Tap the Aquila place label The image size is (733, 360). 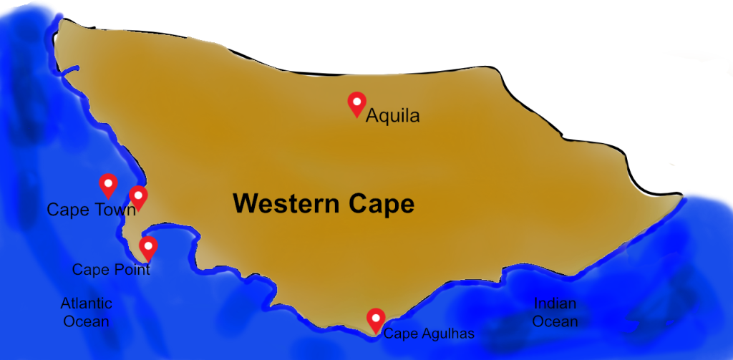click(x=392, y=116)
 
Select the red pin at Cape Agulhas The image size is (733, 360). click(x=375, y=320)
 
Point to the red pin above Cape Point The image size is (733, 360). click(x=148, y=248)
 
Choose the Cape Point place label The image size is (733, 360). click(x=111, y=270)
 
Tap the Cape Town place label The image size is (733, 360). click(x=91, y=210)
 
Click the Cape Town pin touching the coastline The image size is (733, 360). click(x=137, y=197)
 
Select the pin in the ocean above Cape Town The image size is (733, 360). click(x=108, y=185)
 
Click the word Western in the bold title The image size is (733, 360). click(x=285, y=204)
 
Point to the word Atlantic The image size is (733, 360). click(x=86, y=303)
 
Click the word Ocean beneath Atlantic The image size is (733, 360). click(x=86, y=321)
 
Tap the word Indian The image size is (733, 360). click(x=555, y=303)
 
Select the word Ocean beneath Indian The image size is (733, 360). click(x=555, y=321)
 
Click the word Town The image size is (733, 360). click(x=115, y=210)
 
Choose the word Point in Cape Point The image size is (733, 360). click(x=130, y=270)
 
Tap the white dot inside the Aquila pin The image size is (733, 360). click(x=356, y=100)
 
